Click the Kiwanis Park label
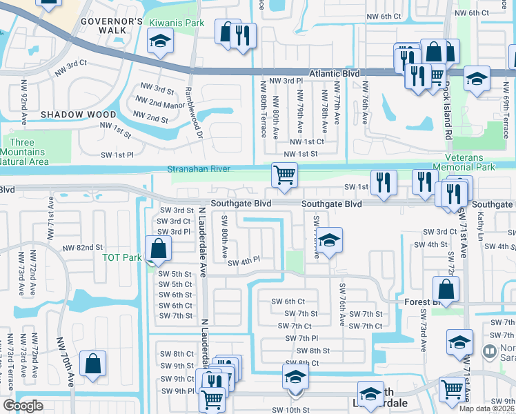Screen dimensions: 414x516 tap(177, 23)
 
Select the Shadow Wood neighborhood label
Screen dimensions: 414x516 tap(78, 114)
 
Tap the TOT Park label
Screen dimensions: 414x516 tap(121, 257)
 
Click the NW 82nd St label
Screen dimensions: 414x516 tap(82, 248)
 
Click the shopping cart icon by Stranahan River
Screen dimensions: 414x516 tap(284, 174)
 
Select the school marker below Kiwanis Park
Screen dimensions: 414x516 tap(160, 42)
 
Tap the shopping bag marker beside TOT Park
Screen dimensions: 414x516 tap(159, 248)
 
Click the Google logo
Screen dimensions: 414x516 tap(23, 406)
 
